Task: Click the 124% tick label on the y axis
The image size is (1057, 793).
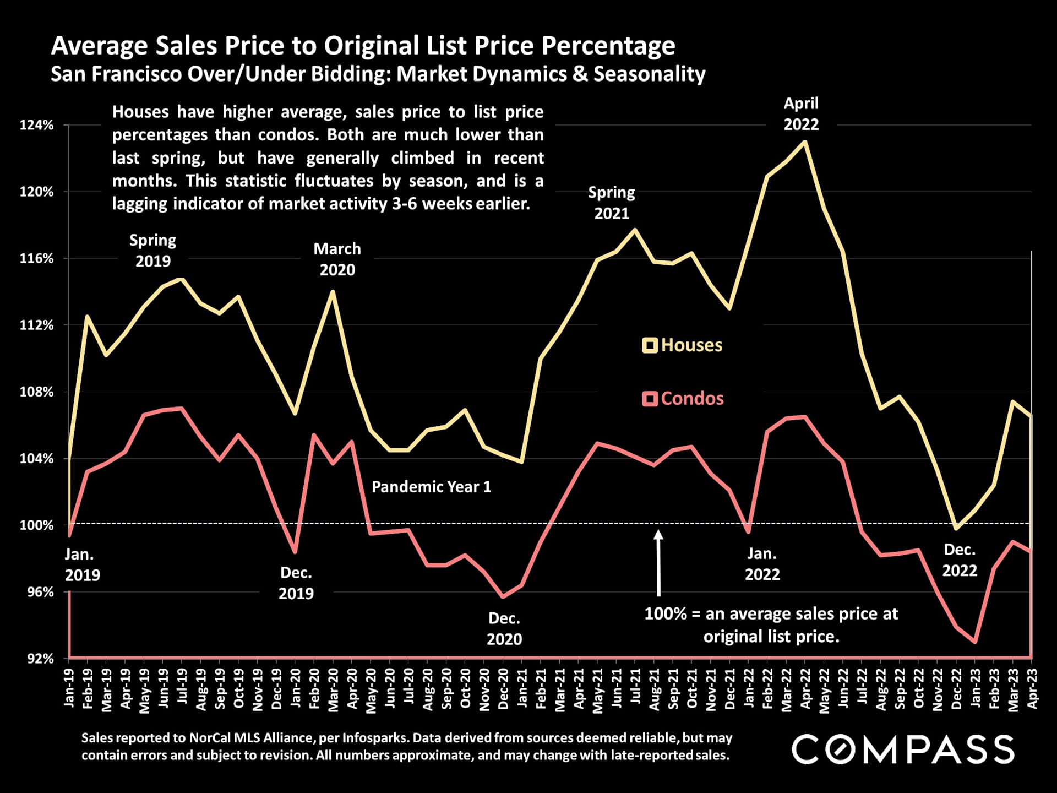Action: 37,125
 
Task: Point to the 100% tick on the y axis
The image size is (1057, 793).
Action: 37,525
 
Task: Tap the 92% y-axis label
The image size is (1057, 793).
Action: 40,659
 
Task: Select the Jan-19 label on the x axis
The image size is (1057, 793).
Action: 69,688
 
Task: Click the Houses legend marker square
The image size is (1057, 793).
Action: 650,345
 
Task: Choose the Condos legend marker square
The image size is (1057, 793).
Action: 650,399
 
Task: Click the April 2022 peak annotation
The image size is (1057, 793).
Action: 801,114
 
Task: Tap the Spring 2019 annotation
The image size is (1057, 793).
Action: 153,251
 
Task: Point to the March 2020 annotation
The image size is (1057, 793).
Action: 337,259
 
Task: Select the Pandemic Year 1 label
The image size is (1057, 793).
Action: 431,487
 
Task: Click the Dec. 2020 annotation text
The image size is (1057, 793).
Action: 504,629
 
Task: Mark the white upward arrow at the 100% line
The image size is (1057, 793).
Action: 658,562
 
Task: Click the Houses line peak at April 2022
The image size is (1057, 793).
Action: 805,142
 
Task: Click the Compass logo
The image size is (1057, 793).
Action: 903,749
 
